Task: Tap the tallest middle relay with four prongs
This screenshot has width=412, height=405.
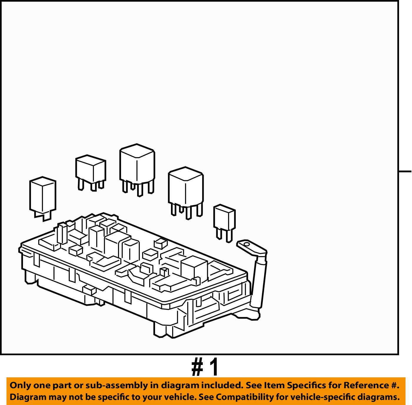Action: [x=137, y=165]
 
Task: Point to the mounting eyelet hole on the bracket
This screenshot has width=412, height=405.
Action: [x=246, y=244]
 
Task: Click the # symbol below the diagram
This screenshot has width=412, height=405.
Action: [x=197, y=367]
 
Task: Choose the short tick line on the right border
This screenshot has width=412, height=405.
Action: [x=405, y=171]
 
